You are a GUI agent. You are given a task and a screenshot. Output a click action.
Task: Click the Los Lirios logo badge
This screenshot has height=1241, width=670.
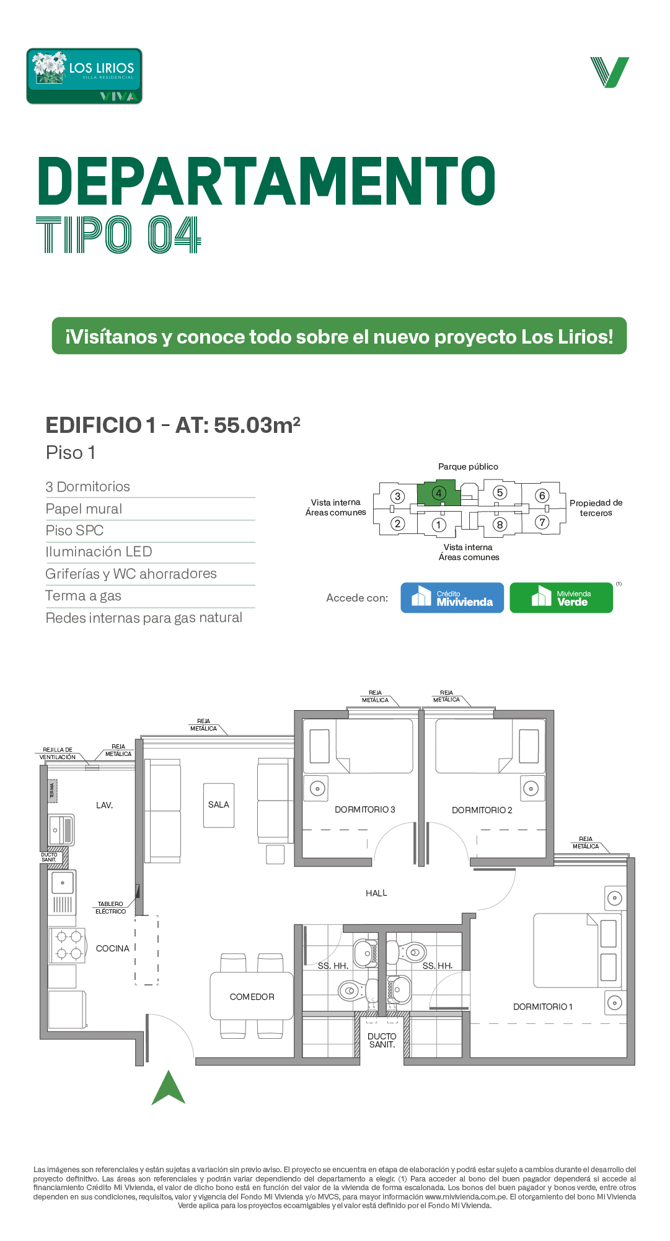[x=84, y=76]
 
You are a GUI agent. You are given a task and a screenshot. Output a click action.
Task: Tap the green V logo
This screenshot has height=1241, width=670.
[x=609, y=72]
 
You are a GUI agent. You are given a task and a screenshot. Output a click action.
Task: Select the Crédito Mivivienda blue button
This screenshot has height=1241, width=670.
[x=452, y=598]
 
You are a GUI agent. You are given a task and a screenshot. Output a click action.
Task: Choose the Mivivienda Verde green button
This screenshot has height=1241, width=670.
[x=561, y=598]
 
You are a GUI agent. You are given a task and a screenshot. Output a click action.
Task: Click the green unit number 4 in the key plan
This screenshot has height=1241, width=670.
[x=439, y=494]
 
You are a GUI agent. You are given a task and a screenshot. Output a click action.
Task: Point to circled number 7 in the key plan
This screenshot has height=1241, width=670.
[x=542, y=522]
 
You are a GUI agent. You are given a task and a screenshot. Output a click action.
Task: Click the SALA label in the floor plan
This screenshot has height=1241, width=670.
[x=219, y=805]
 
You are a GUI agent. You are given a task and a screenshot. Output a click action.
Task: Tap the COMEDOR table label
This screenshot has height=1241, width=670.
[x=252, y=997]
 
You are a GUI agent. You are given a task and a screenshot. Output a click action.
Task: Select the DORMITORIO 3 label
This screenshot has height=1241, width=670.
[x=364, y=809]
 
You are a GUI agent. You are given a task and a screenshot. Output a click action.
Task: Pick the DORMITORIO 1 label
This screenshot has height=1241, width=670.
[x=543, y=1007]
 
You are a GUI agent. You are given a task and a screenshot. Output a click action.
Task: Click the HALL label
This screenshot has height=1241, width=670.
[x=376, y=893]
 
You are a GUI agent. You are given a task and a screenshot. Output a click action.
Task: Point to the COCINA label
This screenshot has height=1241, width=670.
[x=113, y=948]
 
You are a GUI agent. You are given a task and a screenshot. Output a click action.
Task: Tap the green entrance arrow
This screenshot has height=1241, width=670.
[x=169, y=1088]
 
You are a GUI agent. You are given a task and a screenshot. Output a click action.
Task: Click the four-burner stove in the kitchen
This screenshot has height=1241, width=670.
[x=68, y=945]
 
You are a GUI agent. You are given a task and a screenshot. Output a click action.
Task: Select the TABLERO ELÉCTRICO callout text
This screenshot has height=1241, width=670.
[x=110, y=908]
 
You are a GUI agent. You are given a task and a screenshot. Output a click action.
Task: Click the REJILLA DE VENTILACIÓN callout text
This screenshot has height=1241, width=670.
[x=58, y=754]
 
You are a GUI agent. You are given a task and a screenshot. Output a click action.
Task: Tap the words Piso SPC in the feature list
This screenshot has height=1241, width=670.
[x=74, y=531]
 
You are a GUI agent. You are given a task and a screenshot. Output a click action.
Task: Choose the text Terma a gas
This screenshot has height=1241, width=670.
[x=83, y=596]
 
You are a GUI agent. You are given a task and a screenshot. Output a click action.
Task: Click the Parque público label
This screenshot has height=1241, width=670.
[x=468, y=466]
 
